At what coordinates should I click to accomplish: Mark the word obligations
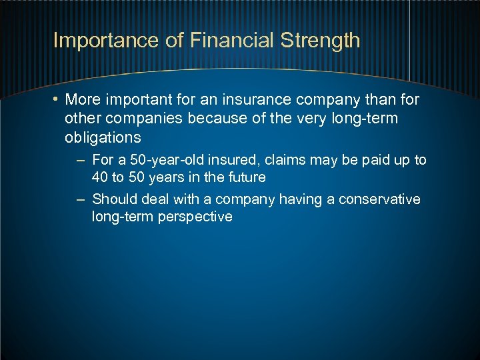tap(103, 137)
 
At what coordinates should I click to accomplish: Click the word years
tap(167, 177)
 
